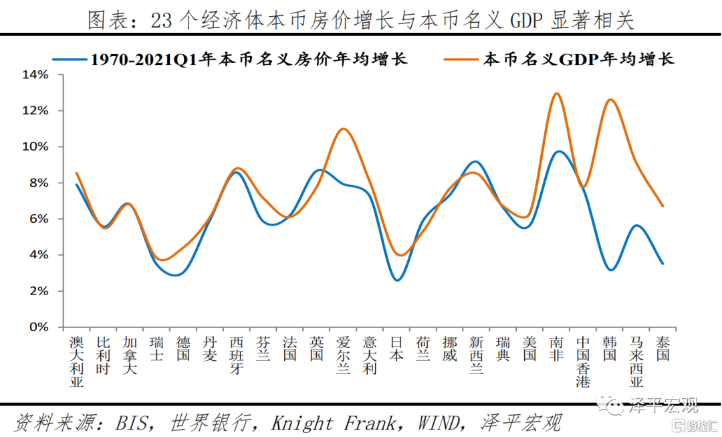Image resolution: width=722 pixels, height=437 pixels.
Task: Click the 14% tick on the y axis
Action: click(35, 74)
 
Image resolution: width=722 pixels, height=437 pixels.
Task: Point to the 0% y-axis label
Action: click(38, 327)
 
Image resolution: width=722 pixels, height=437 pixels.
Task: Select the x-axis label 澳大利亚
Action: click(76, 362)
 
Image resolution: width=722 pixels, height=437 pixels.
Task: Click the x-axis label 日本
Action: click(396, 349)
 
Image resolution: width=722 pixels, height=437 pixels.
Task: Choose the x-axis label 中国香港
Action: click(583, 362)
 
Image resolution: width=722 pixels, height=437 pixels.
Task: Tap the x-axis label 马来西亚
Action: click(636, 362)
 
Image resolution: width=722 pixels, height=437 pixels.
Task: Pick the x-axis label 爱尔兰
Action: click(343, 355)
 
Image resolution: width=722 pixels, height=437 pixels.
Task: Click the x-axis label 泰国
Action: click(663, 349)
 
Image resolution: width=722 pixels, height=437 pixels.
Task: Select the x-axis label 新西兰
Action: click(476, 355)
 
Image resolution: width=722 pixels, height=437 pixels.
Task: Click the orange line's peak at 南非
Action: click(556, 93)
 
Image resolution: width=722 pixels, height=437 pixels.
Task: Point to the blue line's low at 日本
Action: click(397, 280)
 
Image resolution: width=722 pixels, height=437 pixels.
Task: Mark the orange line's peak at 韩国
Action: click(610, 100)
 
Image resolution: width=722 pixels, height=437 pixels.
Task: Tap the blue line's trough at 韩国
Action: click(610, 270)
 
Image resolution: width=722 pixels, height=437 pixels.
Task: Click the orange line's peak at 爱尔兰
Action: click(343, 128)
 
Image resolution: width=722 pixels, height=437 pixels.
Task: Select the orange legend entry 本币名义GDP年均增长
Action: click(578, 59)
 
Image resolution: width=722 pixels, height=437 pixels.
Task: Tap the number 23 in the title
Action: click(161, 21)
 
